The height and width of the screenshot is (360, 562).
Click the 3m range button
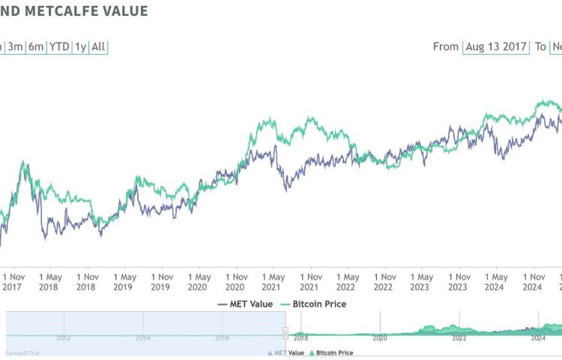pos(15,46)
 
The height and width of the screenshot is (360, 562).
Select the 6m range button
pos(36,46)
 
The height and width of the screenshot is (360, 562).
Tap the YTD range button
pos(59,46)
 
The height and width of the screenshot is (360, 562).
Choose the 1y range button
pos(80,46)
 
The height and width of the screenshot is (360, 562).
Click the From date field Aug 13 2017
pos(496,46)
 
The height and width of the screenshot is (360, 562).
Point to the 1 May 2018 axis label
pos(50,282)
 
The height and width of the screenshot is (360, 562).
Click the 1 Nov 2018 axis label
pos(88,282)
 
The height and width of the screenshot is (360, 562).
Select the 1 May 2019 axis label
pos(124,282)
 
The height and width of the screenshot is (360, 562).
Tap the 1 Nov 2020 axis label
pos(236,282)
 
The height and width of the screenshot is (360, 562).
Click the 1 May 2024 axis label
pos(495,282)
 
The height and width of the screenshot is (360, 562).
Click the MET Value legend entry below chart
pos(245,304)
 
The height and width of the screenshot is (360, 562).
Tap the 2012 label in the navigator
pos(63,338)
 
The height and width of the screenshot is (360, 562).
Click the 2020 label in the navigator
pos(380,338)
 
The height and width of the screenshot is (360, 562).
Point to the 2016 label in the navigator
pos(223,338)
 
